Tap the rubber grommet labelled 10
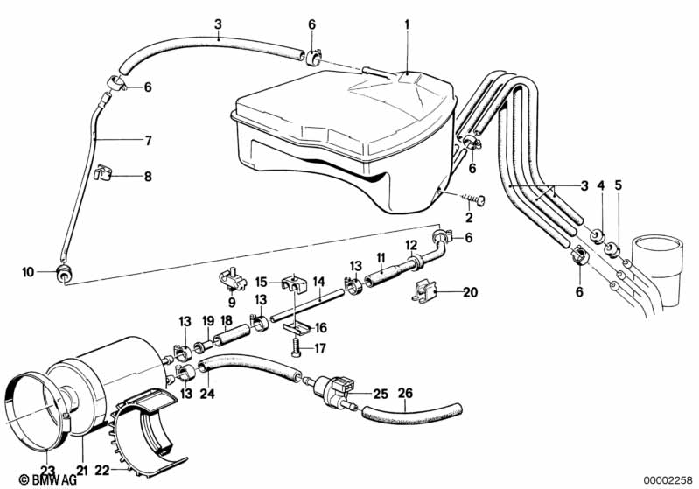click(64, 274)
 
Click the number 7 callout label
click(148, 140)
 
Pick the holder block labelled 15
click(294, 284)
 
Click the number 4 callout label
click(600, 185)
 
